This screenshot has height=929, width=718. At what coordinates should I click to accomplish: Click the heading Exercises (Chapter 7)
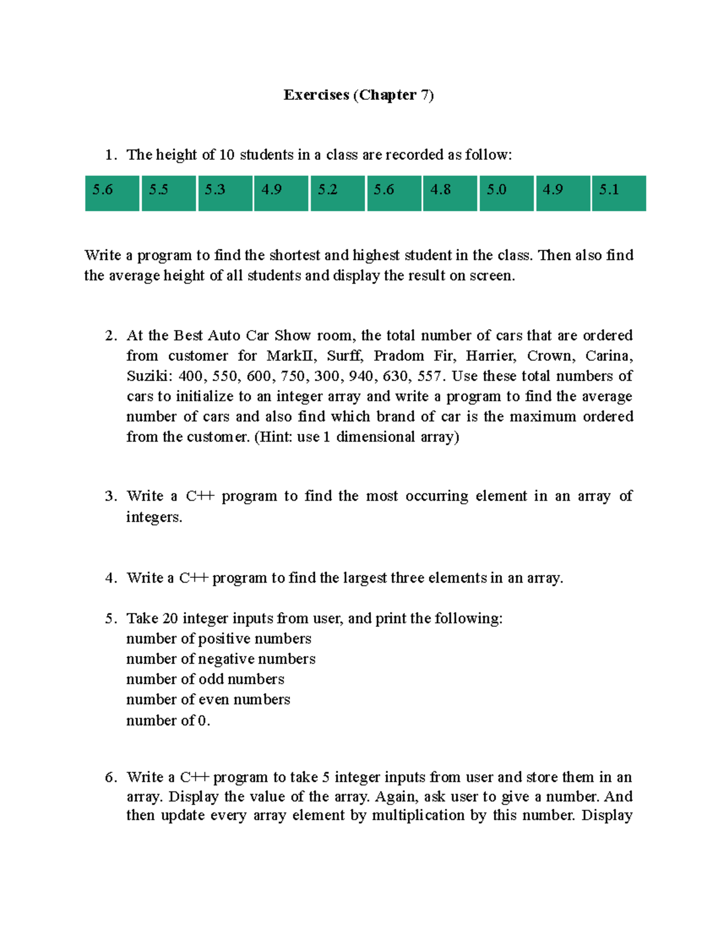click(358, 95)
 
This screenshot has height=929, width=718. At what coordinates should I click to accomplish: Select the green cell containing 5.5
click(168, 193)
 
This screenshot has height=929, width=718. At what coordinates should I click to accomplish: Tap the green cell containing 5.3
click(225, 193)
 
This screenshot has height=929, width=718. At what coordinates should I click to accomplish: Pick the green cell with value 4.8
click(450, 193)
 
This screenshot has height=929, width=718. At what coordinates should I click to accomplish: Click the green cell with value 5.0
click(506, 193)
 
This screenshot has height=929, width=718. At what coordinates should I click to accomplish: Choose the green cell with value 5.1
click(619, 193)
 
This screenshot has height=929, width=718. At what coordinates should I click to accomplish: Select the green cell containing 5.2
click(337, 193)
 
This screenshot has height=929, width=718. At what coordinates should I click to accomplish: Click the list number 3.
click(110, 497)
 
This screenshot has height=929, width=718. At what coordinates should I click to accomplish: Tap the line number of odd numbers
click(205, 680)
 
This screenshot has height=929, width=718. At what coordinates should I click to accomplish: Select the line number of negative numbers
click(221, 659)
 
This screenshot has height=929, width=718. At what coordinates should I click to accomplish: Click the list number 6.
click(110, 778)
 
